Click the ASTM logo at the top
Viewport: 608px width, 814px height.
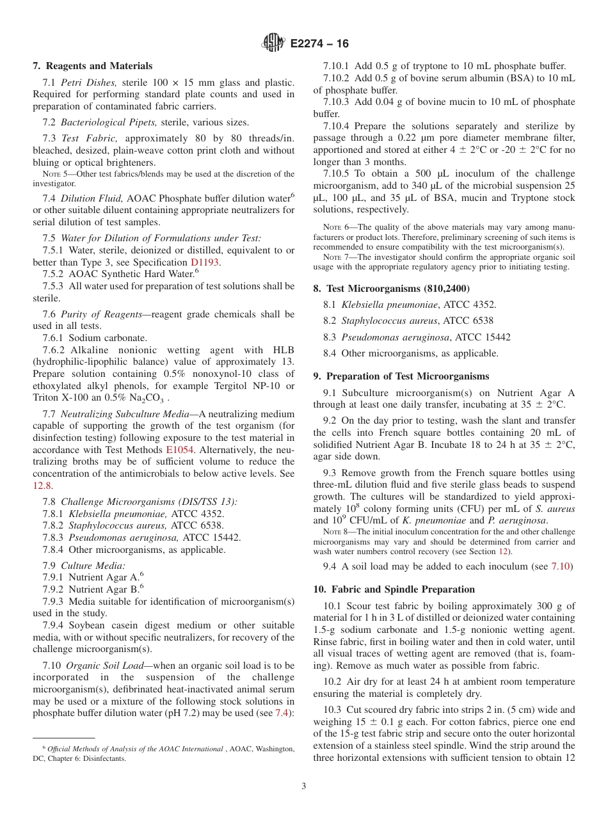pos(273,44)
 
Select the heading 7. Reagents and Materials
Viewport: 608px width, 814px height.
pos(93,66)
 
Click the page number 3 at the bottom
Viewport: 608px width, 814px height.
pos(304,786)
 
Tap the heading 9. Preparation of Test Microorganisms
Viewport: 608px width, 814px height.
pos(401,376)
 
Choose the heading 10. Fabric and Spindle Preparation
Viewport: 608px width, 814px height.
pos(394,589)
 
